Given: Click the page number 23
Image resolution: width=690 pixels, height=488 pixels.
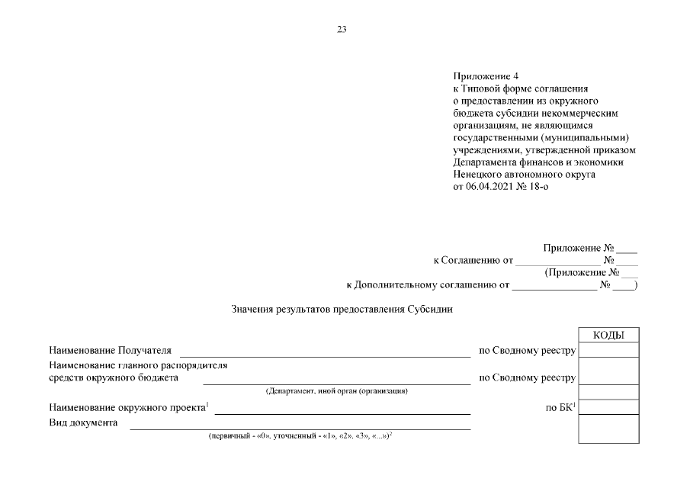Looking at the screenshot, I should pos(342,30).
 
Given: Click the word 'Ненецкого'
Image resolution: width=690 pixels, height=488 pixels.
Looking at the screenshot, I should pos(481,175).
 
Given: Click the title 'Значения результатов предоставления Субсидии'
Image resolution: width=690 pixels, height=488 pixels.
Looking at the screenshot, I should pos(342,310).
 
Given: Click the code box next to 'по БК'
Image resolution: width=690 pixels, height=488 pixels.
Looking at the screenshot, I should pos(608,406).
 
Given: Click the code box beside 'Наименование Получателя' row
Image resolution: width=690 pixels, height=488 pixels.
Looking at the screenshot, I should pos(608,351).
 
